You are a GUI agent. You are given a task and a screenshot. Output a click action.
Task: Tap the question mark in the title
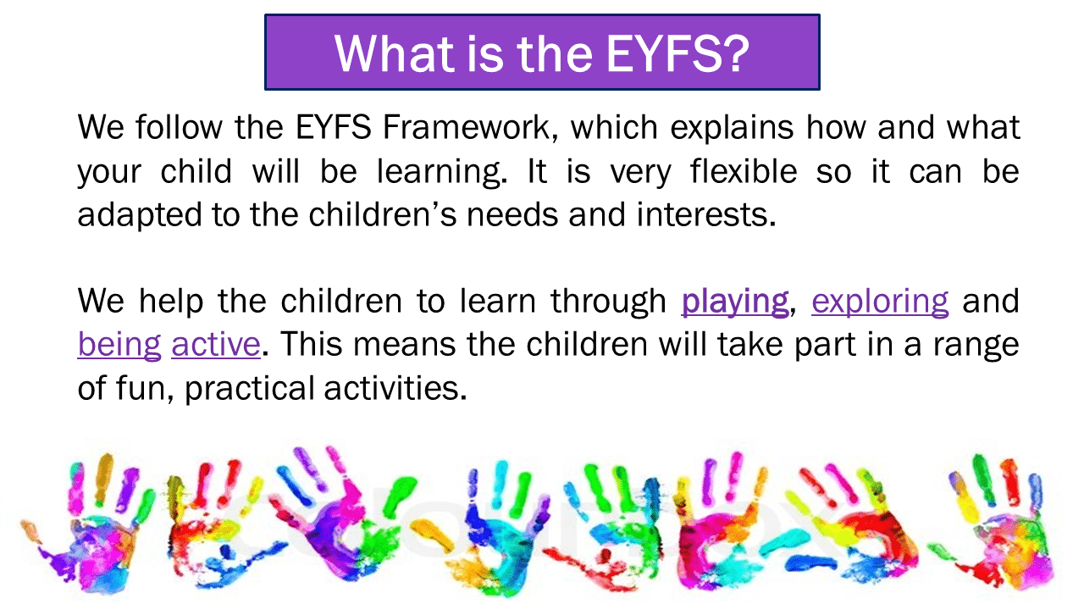tap(735, 53)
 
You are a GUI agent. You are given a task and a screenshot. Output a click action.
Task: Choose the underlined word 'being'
tap(119, 346)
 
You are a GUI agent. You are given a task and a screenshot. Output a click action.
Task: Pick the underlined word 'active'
tap(216, 345)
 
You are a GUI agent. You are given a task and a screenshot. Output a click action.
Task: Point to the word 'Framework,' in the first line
tap(470, 127)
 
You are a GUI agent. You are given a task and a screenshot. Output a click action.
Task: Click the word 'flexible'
tap(744, 171)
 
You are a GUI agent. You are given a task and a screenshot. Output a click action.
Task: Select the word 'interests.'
tap(706, 214)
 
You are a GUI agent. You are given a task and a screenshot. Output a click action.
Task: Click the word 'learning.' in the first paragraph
tap(442, 173)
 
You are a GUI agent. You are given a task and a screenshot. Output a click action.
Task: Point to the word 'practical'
tap(250, 389)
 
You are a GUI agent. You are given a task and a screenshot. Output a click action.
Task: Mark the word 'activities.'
tap(395, 388)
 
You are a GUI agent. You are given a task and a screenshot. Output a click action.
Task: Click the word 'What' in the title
tap(395, 53)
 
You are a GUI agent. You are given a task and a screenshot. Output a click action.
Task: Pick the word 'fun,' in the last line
tap(145, 389)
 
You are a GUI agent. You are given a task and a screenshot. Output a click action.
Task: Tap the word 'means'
tap(404, 346)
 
